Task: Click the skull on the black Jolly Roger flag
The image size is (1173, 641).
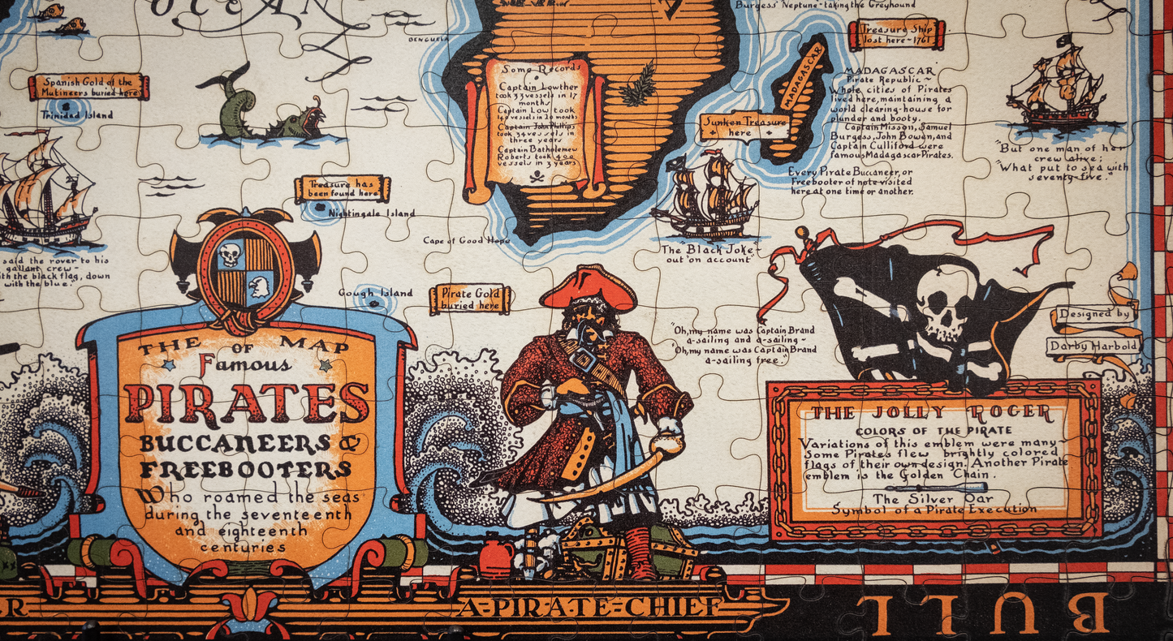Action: tap(943, 305)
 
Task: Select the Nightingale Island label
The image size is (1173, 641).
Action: tap(371, 213)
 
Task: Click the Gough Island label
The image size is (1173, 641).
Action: tap(375, 293)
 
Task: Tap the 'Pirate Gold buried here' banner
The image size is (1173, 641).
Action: tap(470, 299)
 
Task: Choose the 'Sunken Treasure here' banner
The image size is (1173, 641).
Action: tap(744, 127)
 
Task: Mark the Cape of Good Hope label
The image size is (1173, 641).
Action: tap(465, 240)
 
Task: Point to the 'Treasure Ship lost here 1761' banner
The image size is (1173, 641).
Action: tap(897, 33)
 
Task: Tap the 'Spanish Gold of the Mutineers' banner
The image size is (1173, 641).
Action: tap(88, 86)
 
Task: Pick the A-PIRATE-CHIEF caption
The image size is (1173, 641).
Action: tap(589, 606)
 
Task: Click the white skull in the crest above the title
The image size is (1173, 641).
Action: tap(230, 255)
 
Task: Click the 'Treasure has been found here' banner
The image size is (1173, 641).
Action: tap(342, 189)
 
